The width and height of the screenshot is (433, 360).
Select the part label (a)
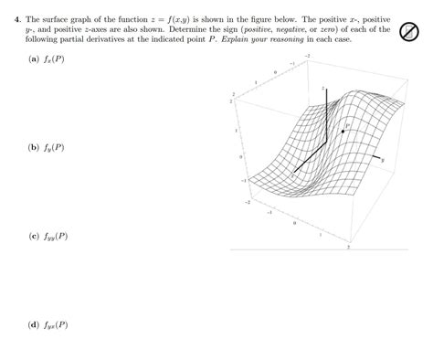pos(33,58)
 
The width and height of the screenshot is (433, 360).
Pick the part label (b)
pos(33,147)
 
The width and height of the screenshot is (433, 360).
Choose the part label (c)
pos(33,236)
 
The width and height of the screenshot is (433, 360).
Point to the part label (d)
pos(33,324)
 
